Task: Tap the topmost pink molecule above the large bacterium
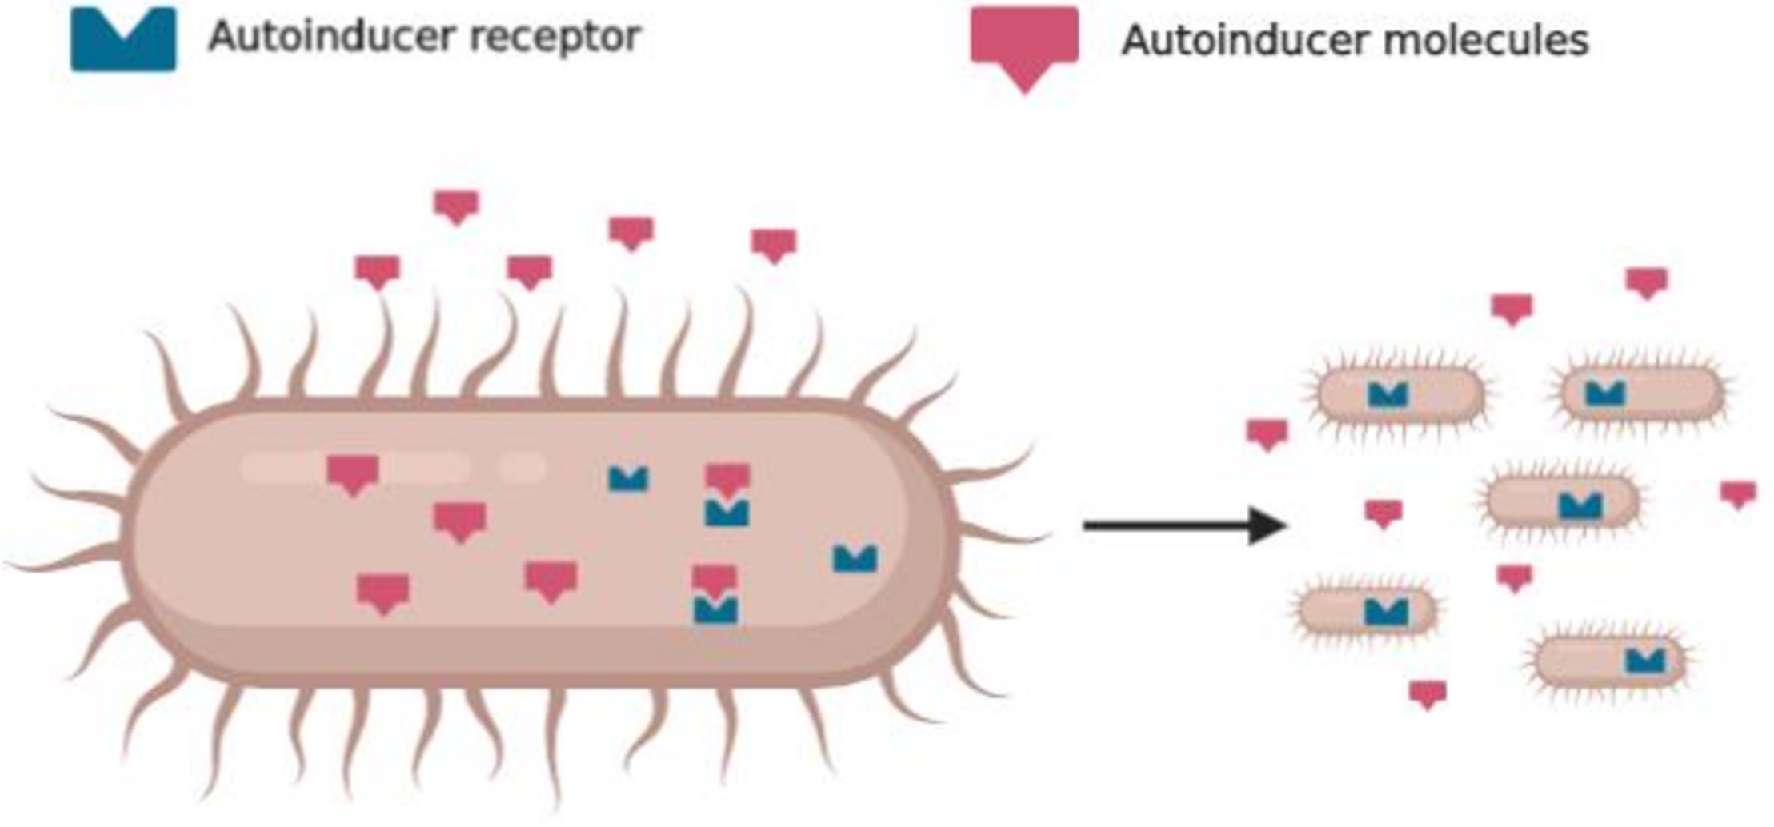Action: tap(456, 206)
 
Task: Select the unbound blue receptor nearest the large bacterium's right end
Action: tap(855, 557)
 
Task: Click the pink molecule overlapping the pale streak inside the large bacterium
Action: tap(353, 473)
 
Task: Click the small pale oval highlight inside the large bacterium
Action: tap(520, 466)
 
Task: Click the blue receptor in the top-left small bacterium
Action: tap(1388, 394)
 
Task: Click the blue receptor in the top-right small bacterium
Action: tap(1605, 393)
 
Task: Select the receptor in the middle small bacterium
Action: tap(1580, 505)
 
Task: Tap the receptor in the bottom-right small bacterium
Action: tap(1645, 661)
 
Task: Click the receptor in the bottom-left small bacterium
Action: tap(1386, 612)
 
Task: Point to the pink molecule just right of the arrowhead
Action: tap(1383, 513)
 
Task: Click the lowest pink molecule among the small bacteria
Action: tap(1428, 693)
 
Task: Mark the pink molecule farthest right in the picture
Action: tap(1738, 493)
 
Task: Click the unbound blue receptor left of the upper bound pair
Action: tap(628, 478)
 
